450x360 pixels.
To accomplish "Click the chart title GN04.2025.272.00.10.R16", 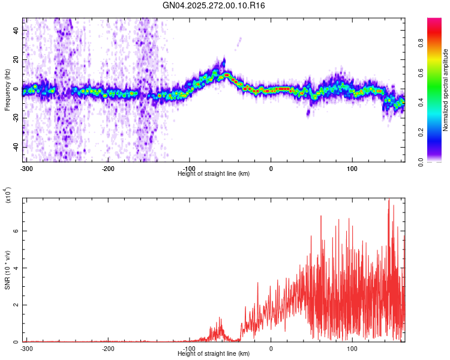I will (x=214, y=5).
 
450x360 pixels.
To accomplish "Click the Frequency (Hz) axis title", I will (x=7, y=90).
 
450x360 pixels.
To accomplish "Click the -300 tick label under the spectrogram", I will (x=26, y=168).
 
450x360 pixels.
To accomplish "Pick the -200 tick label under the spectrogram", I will (x=108, y=168).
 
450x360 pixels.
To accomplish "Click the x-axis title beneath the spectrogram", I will (x=214, y=174).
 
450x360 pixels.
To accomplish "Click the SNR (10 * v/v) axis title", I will (x=7, y=270).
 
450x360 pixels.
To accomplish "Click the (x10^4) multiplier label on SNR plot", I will (x=8, y=196).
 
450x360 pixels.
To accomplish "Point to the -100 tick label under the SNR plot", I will (x=190, y=348).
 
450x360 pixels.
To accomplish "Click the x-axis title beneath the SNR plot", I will (x=214, y=354).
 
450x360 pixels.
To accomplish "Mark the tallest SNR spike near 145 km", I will (x=389, y=199).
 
